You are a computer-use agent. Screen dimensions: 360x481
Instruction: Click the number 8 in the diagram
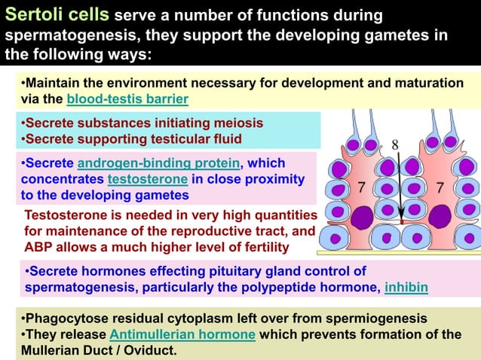[396, 145]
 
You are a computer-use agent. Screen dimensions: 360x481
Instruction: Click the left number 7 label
[361, 186]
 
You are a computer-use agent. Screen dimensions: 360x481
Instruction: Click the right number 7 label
[440, 186]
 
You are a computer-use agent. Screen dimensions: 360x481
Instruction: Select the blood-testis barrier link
[127, 99]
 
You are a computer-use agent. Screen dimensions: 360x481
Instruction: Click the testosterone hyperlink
[148, 179]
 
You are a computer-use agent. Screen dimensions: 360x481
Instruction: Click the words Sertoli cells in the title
[58, 15]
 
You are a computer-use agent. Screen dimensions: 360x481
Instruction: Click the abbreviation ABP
[38, 247]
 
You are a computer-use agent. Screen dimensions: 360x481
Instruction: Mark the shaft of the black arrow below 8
[400, 188]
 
